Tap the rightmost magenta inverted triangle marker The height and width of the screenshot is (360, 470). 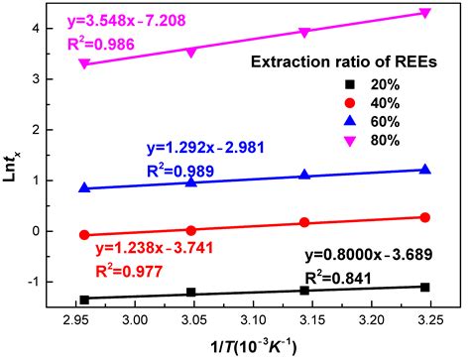point(424,13)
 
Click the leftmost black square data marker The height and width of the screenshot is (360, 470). point(84,299)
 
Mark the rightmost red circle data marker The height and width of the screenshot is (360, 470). point(424,217)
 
